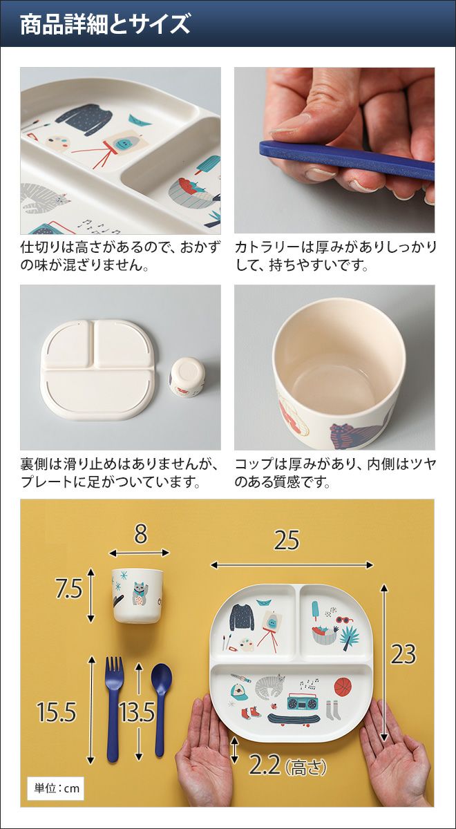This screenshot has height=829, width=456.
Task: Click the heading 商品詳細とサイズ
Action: [x=105, y=25]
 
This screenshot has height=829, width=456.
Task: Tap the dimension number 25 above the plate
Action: [x=287, y=541]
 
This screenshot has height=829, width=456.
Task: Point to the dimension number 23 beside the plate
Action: [x=403, y=654]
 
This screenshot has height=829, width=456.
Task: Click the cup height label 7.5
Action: [x=68, y=589]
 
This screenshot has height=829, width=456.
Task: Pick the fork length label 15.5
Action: [x=56, y=712]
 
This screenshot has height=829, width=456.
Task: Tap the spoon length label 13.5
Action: [x=137, y=712]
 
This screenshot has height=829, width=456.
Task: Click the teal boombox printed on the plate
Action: [x=303, y=699]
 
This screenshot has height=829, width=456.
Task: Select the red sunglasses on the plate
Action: [x=344, y=620]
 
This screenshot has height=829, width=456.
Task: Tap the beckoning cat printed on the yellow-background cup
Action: [x=139, y=594]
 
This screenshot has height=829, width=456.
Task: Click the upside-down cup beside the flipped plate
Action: [x=186, y=377]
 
